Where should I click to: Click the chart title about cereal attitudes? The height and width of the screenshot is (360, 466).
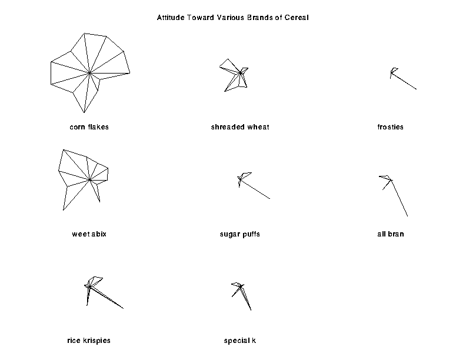pyautogui.click(x=232, y=18)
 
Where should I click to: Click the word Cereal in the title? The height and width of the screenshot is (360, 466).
pyautogui.click(x=297, y=18)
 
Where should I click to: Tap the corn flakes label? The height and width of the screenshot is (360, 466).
pyautogui.click(x=89, y=127)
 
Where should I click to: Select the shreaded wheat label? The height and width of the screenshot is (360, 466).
pyautogui.click(x=240, y=127)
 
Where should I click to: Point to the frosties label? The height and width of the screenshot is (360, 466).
pyautogui.click(x=391, y=127)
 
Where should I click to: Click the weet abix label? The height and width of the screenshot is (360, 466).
pyautogui.click(x=89, y=234)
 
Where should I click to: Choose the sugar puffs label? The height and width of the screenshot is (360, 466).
pyautogui.click(x=240, y=234)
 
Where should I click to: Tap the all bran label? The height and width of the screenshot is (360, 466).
pyautogui.click(x=391, y=234)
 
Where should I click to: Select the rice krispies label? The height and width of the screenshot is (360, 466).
pyautogui.click(x=89, y=341)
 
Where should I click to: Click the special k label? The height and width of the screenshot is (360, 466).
pyautogui.click(x=240, y=341)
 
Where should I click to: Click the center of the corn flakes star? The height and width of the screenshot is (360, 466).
pyautogui.click(x=89, y=72)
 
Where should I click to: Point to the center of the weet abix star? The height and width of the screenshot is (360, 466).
pyautogui.click(x=90, y=179)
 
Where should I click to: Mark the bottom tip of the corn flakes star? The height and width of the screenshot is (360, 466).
pyautogui.click(x=84, y=112)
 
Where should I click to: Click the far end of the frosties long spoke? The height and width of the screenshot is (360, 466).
pyautogui.click(x=417, y=89)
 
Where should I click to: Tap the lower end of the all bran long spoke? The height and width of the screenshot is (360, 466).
pyautogui.click(x=407, y=216)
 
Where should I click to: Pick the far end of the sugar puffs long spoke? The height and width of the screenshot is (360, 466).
pyautogui.click(x=270, y=199)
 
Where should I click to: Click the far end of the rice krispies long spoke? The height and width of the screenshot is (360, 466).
pyautogui.click(x=124, y=309)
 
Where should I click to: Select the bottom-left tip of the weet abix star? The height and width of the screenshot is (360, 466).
pyautogui.click(x=63, y=211)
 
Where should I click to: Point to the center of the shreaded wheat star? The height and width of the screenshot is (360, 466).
pyautogui.click(x=241, y=73)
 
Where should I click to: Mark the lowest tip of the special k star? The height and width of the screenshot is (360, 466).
pyautogui.click(x=251, y=311)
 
